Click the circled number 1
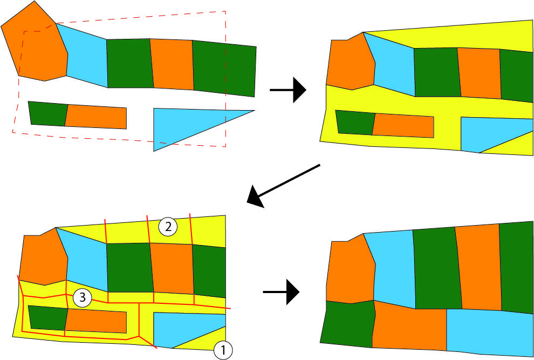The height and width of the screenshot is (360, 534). coord(223,350)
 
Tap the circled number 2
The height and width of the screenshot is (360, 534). coord(168,227)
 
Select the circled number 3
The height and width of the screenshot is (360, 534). coord(83,297)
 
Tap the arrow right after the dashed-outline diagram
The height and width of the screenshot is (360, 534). coord(288,90)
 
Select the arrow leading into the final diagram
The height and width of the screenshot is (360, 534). coord(282,292)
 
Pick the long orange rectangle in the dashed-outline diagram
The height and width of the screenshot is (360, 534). coord(96,117)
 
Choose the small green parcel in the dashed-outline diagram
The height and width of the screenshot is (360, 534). coord(47,113)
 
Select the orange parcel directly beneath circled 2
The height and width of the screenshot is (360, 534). coord(172,268)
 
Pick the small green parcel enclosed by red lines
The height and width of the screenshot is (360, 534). coord(47,318)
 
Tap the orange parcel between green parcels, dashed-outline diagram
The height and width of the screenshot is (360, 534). coord(172,64)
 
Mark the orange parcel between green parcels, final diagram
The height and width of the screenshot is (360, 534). coord(479,267)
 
